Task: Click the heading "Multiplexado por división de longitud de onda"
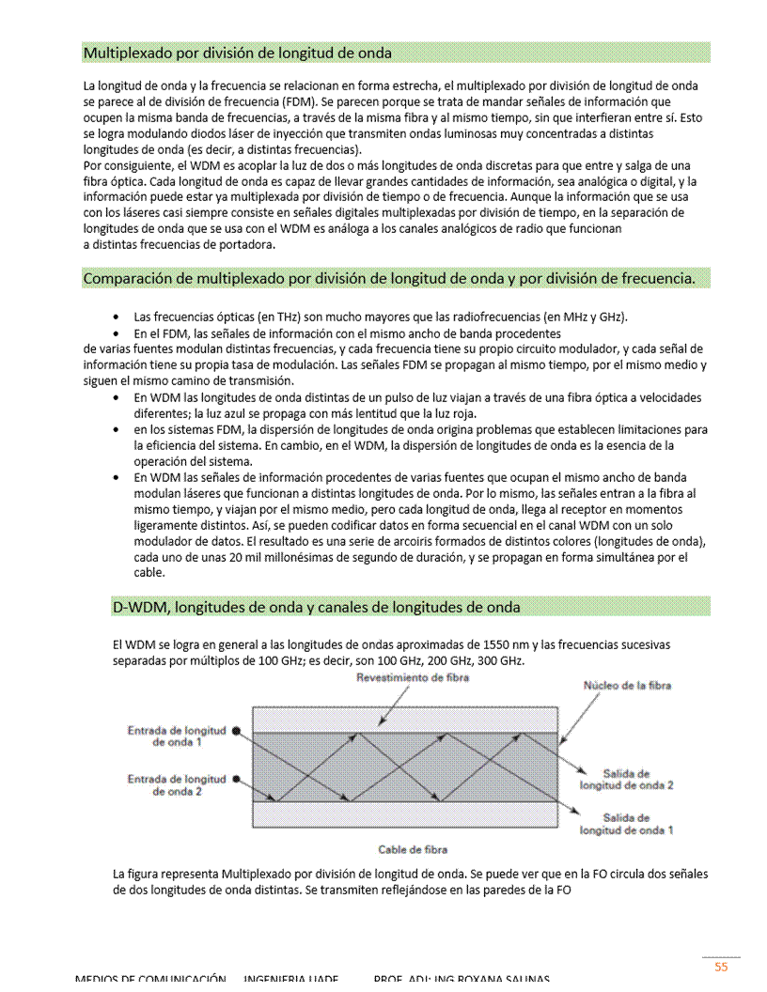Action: pos(238,53)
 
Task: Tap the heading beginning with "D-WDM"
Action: pos(316,607)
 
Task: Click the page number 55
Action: pos(721,966)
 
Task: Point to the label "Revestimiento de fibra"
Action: pos(413,678)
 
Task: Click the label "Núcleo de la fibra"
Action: pos(627,686)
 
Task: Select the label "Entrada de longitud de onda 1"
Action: pos(177,736)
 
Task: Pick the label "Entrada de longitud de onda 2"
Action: pos(177,785)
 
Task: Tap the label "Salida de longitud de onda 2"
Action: pos(626,779)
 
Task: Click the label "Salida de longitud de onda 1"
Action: pos(626,824)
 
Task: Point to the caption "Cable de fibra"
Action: pos(412,849)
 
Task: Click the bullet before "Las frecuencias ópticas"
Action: pos(115,317)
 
